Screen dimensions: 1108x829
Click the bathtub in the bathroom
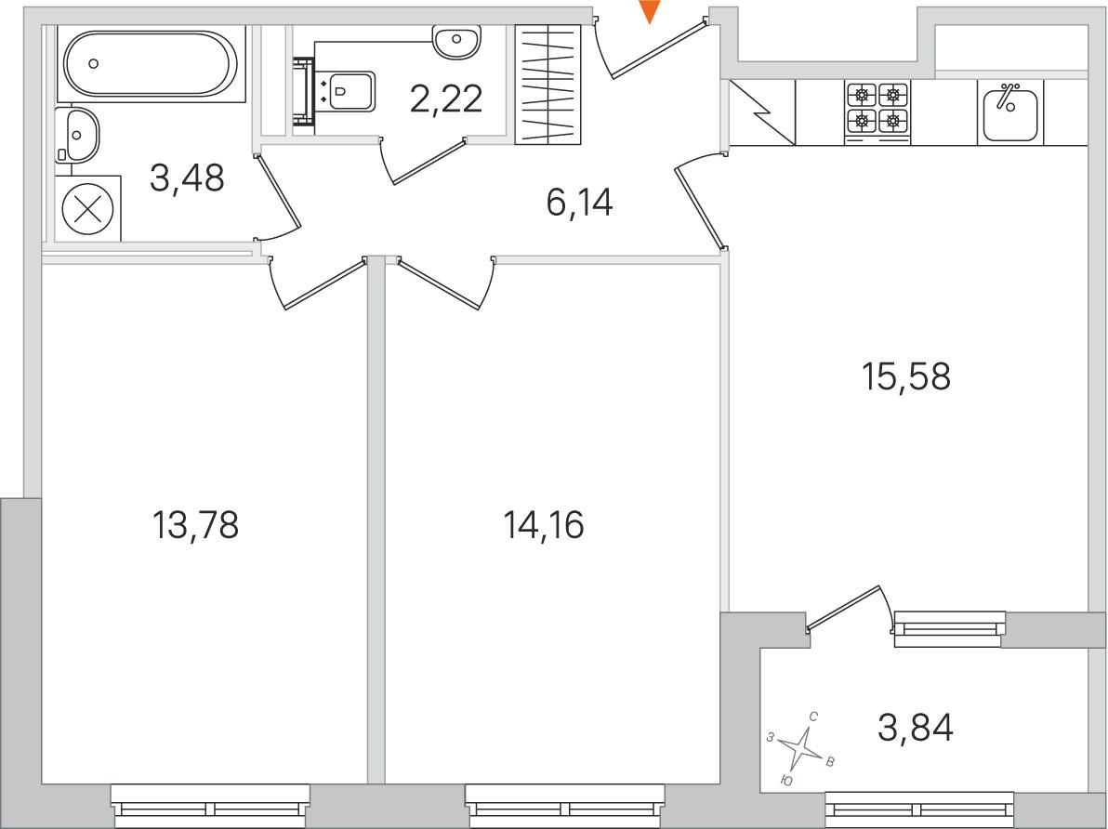[151, 63]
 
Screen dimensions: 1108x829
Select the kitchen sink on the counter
[1009, 112]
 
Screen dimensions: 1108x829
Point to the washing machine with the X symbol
[88, 209]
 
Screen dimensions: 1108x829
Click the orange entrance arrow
[649, 10]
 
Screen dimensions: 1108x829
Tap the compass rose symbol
[802, 749]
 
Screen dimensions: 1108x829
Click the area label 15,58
[906, 376]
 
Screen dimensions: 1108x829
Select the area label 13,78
[195, 525]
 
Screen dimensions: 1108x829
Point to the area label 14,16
[544, 525]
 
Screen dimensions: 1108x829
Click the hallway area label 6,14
[579, 204]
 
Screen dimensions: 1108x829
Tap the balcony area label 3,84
[916, 727]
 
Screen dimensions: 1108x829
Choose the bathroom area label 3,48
[187, 178]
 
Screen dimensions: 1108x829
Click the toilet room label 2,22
[446, 99]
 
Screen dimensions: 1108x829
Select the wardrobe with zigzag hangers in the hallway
[548, 84]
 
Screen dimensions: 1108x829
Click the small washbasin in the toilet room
[457, 41]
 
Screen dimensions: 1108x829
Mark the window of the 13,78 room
[211, 805]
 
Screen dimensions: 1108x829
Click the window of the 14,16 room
[565, 805]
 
